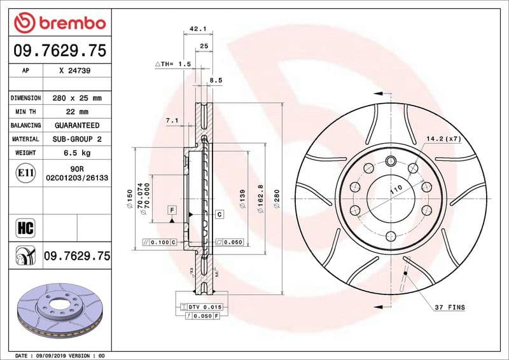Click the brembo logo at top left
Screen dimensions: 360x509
(59, 23)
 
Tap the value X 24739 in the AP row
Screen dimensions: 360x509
(74, 71)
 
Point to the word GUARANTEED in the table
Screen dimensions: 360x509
(76, 125)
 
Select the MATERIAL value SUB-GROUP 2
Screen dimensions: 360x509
(76, 139)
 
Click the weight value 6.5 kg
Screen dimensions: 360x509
(76, 153)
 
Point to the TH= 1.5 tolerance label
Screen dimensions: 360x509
(173, 64)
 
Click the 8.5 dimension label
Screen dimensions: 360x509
(216, 81)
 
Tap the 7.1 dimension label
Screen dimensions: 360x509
(171, 120)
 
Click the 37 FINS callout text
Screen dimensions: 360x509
(450, 308)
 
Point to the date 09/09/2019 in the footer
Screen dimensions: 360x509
(53, 355)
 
